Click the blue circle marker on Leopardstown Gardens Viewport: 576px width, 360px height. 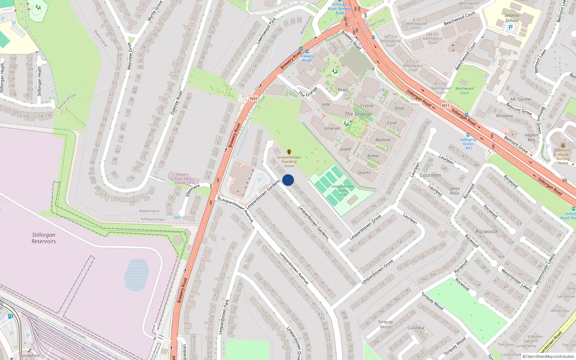[288, 180]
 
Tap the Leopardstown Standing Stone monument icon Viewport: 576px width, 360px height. [289, 152]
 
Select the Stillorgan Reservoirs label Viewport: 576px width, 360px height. [44, 238]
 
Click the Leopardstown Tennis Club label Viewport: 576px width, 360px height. [343, 190]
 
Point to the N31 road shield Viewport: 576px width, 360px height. [254, 99]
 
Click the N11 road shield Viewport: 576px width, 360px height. [446, 105]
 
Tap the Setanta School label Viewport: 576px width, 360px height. [512, 18]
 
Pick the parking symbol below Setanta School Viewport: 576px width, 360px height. [510, 28]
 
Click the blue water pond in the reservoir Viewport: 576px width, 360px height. [137, 275]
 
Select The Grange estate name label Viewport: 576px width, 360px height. [358, 114]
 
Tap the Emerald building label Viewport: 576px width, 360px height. [332, 129]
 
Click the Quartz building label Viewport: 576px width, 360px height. [364, 172]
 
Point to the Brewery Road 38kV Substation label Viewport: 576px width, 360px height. [183, 179]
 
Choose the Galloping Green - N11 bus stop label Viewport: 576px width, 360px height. [468, 144]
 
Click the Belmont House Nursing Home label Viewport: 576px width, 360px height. [563, 157]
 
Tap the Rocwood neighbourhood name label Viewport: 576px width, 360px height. [486, 231]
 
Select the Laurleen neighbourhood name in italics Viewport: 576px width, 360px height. [430, 175]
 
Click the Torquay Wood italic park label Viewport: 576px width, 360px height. [385, 324]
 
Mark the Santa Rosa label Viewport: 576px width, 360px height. [454, 191]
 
